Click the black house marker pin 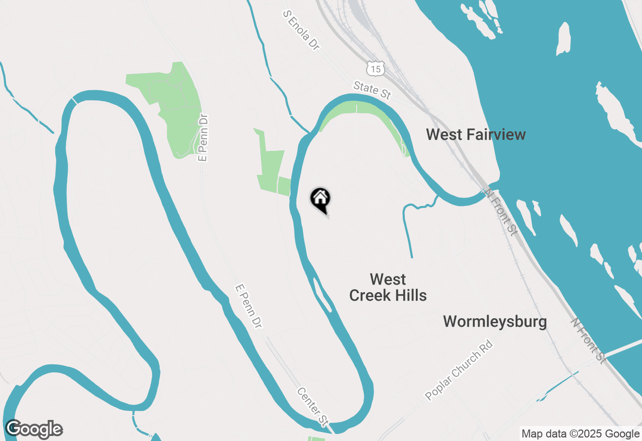(320, 200)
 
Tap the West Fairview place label (475, 134)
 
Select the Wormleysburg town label (495, 321)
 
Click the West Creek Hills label (388, 287)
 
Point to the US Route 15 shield (375, 68)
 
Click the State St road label (372, 90)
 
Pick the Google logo (34, 429)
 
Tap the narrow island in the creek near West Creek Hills (323, 295)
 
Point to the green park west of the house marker (271, 165)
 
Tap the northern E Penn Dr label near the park (203, 137)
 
